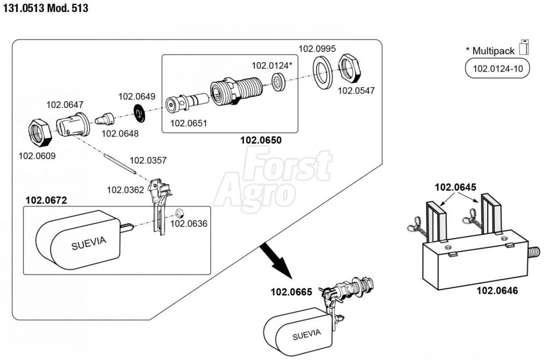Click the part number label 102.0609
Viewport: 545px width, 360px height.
pos(37,156)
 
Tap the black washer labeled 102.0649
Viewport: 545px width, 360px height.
pos(140,113)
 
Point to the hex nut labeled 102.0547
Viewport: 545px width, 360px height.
pos(349,69)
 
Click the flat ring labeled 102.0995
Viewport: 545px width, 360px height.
pos(323,72)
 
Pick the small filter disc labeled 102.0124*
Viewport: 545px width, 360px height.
pos(278,82)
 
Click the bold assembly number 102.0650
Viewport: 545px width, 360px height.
pos(261,140)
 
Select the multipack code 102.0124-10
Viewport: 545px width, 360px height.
pos(498,69)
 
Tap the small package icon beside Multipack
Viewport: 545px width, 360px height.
pos(524,47)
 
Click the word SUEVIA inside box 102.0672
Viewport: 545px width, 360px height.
pos(89,243)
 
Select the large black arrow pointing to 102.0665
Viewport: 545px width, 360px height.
pos(277,261)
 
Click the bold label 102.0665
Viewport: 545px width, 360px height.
pos(291,292)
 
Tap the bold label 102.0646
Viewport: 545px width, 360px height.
pos(497,290)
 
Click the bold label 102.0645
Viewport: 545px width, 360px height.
pos(455,187)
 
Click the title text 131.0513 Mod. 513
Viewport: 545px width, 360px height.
pos(46,8)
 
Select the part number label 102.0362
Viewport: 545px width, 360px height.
pos(125,190)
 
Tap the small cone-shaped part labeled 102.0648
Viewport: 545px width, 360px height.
pos(105,119)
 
